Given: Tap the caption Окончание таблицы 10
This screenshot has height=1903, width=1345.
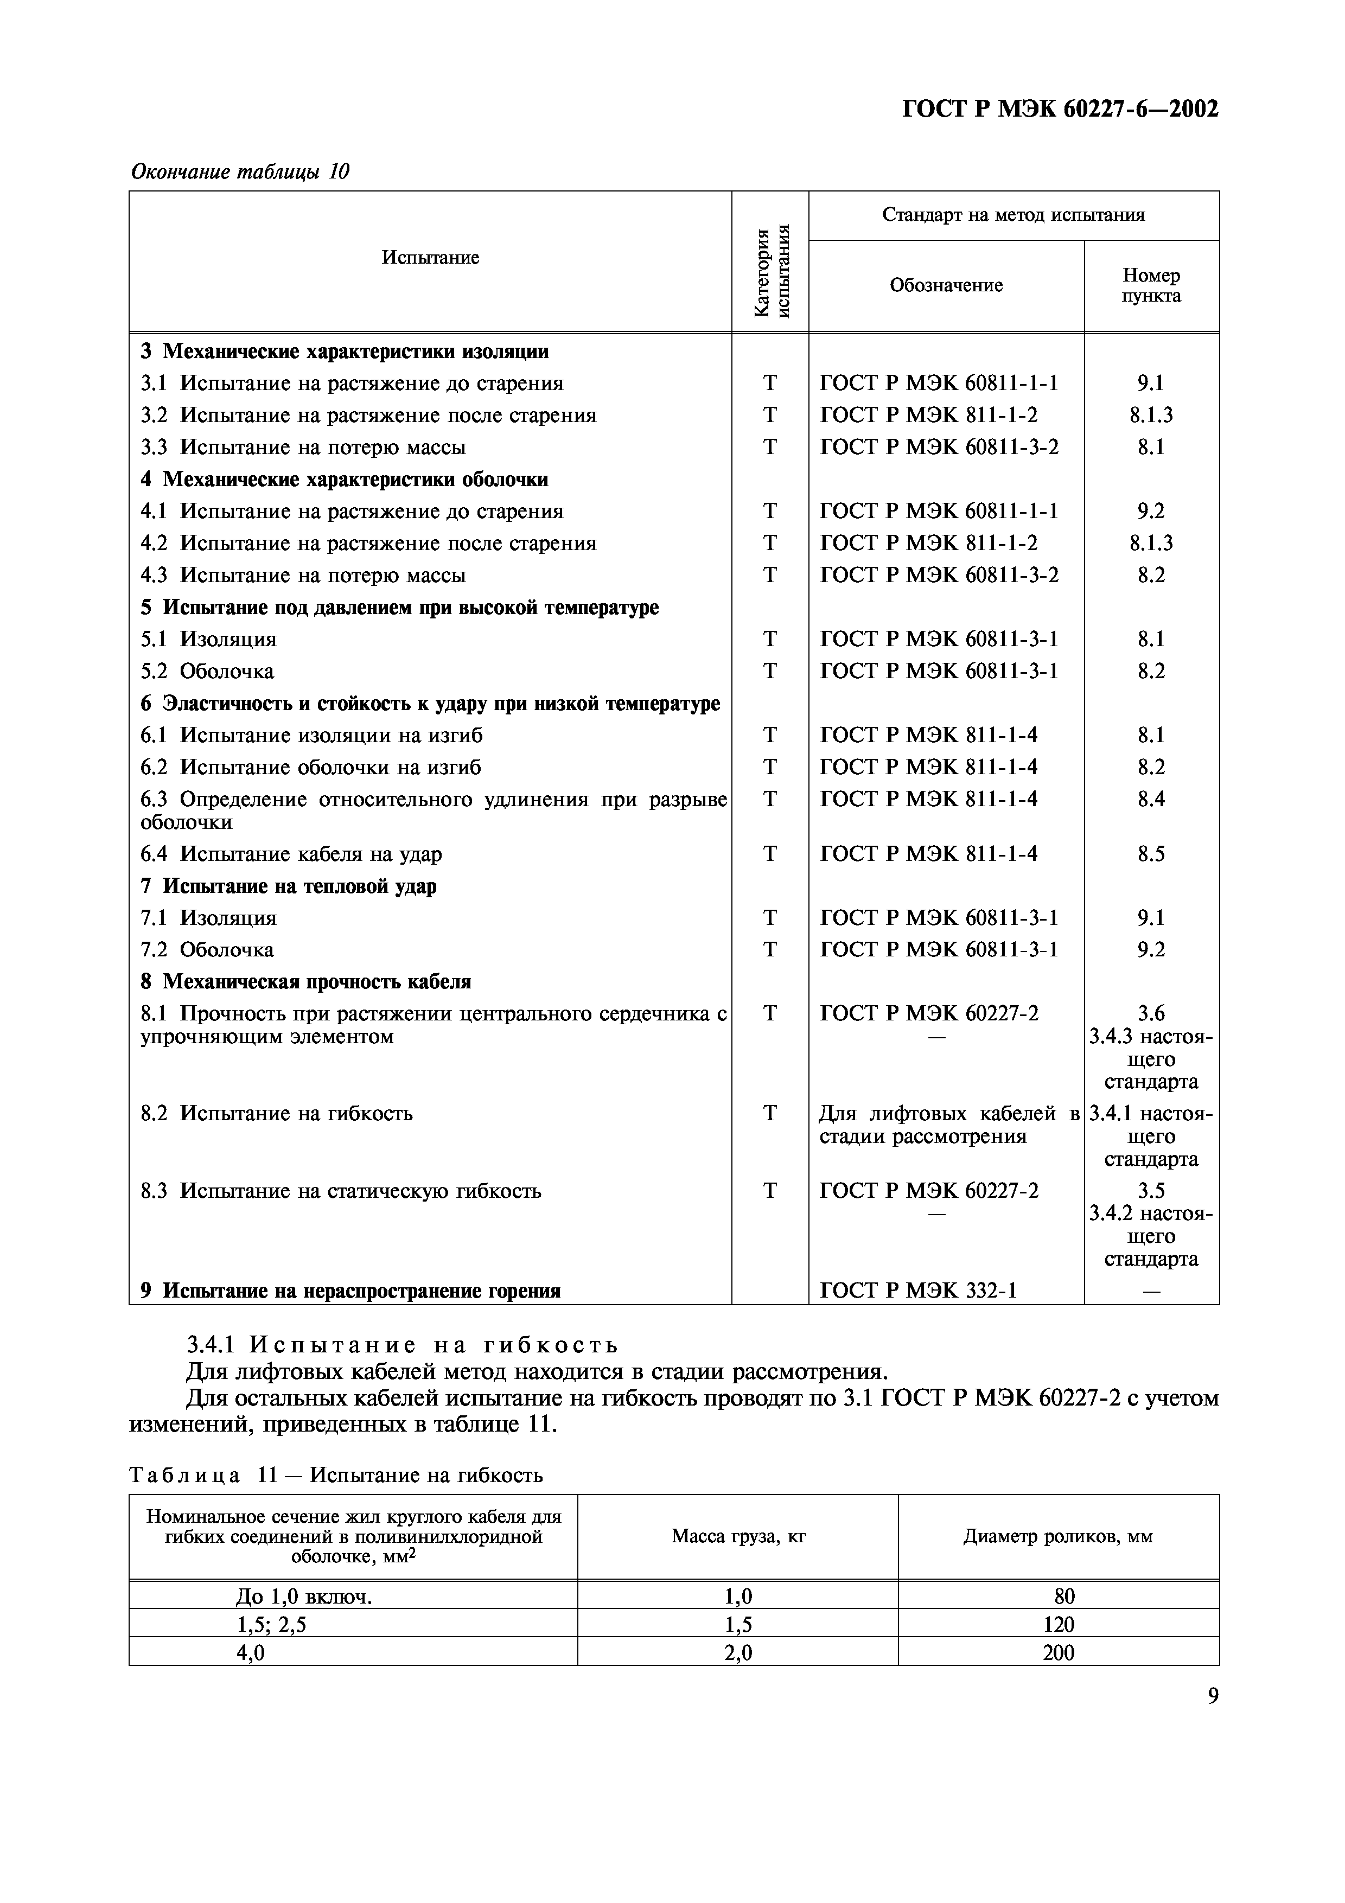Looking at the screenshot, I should coord(240,171).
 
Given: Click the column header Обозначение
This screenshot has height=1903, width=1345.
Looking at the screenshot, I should coord(946,285).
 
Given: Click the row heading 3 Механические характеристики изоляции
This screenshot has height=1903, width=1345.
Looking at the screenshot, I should coord(345,352).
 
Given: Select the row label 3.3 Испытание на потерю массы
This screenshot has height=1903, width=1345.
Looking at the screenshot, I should coord(303,448).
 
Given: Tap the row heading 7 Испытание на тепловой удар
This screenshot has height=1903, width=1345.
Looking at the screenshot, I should coord(289,886).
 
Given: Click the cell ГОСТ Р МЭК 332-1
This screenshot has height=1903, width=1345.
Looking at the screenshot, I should coord(918,1291).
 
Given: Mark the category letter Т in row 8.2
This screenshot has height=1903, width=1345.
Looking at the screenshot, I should coord(770,1113).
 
